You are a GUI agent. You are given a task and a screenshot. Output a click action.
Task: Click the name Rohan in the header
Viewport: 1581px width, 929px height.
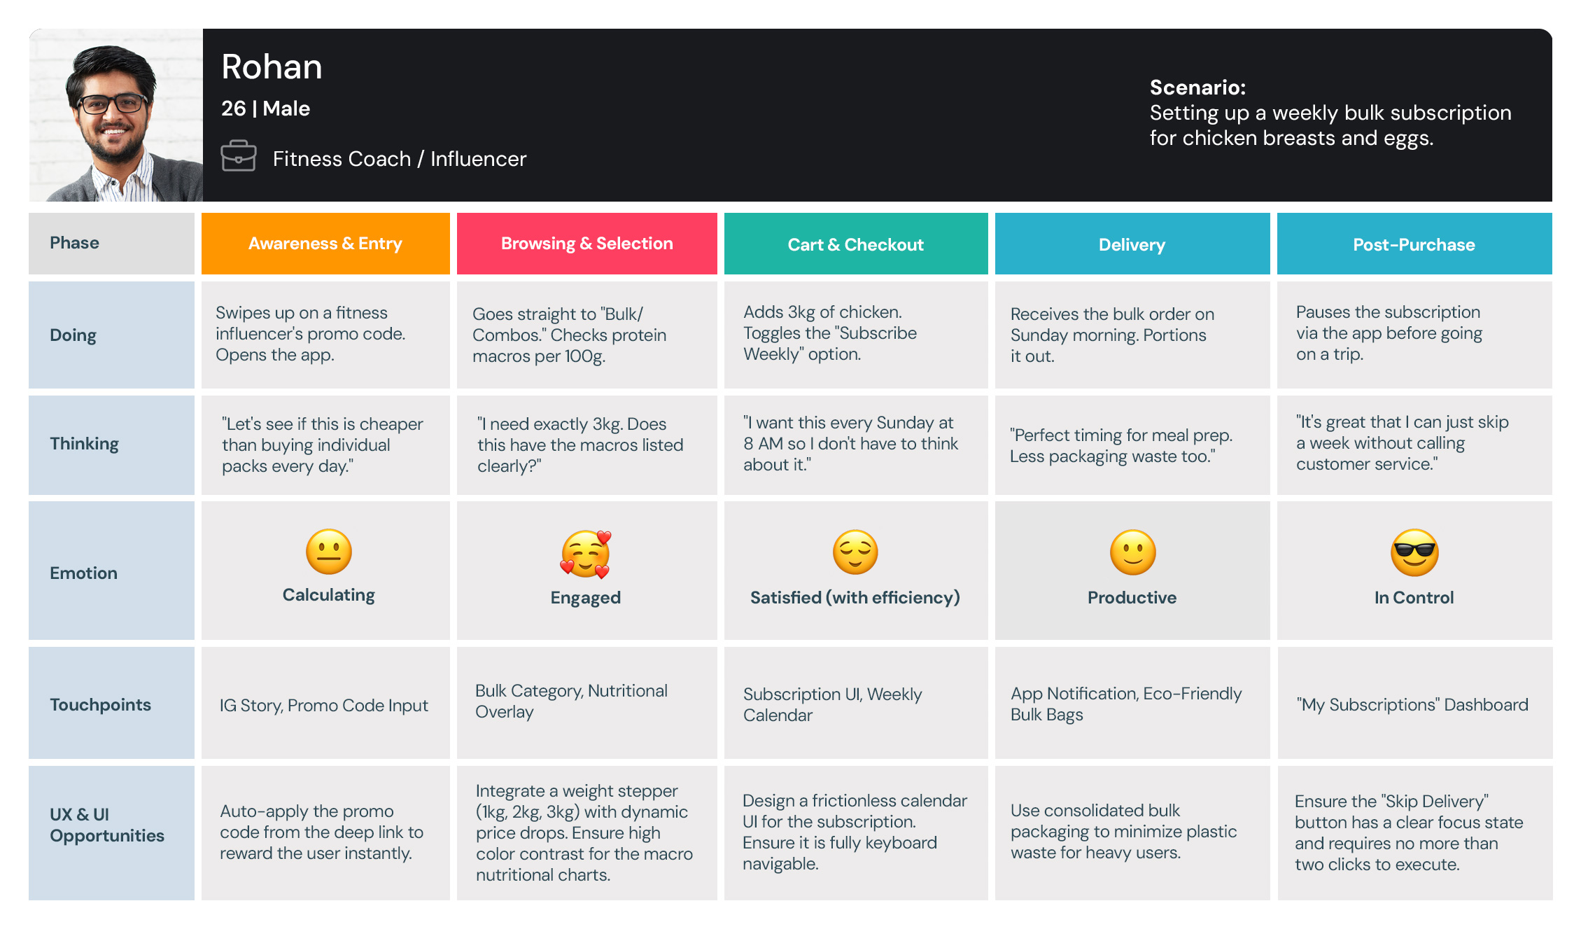pos(272,67)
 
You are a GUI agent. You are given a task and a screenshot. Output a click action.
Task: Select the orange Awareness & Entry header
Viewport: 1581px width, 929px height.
pos(325,244)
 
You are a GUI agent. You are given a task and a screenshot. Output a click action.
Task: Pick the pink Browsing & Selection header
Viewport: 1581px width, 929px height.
pos(586,244)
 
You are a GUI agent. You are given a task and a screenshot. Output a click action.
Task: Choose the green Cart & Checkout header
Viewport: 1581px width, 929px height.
pos(855,244)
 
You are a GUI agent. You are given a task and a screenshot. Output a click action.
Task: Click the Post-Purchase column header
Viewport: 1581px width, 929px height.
pos(1414,244)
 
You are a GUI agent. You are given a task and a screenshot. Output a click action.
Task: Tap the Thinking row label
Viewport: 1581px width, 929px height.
pos(84,444)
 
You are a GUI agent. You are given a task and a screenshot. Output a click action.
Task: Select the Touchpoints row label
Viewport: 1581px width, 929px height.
pos(100,705)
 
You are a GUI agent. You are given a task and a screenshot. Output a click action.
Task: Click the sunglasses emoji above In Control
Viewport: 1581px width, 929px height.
pos(1414,552)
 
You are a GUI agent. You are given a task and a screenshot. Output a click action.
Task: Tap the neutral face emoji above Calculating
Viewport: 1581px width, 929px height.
pos(328,552)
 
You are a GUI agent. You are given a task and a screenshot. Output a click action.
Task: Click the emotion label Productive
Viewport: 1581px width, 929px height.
pos(1132,597)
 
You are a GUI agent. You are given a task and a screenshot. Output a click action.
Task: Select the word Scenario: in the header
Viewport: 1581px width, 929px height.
pos(1197,88)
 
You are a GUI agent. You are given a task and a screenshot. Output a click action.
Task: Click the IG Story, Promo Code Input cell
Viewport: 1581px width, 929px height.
pos(323,706)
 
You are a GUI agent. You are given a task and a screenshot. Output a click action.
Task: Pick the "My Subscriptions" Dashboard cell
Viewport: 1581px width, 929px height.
pos(1412,705)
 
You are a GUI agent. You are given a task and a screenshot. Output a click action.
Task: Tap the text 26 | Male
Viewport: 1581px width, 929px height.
pos(265,109)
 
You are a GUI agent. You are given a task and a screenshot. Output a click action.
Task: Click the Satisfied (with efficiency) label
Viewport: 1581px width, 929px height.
pos(855,597)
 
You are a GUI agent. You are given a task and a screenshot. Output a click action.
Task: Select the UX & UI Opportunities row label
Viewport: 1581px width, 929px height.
pos(106,825)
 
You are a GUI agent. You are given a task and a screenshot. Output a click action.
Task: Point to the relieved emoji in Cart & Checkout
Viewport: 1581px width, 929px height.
pos(855,552)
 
